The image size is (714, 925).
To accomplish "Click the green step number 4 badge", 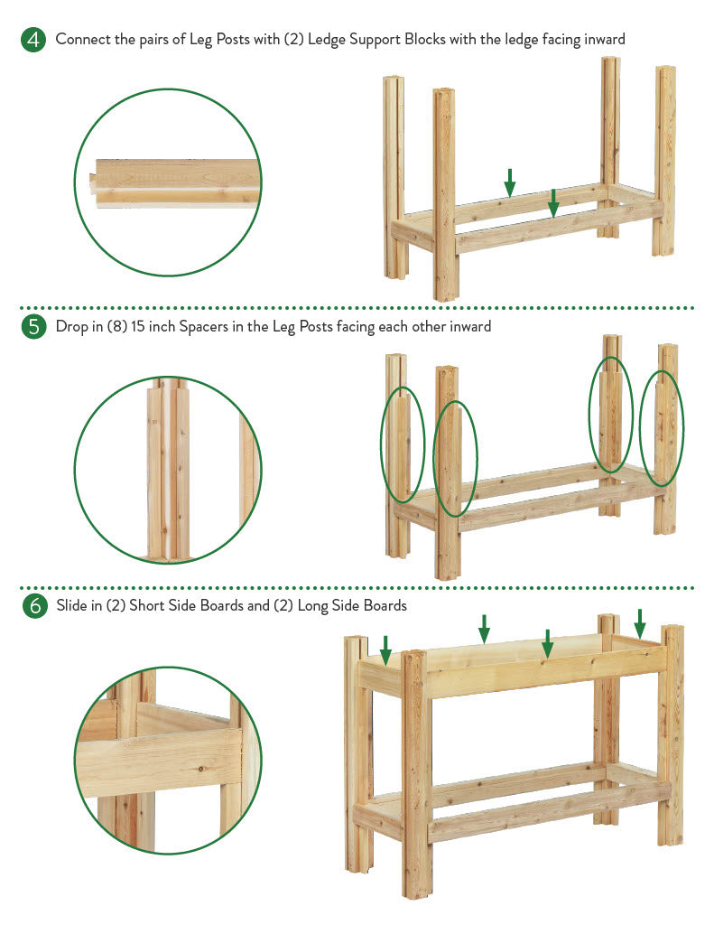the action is click(33, 40).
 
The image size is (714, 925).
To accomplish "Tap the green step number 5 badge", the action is click(33, 326).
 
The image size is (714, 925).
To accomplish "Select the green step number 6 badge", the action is click(35, 606).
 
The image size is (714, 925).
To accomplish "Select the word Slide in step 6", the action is click(71, 606).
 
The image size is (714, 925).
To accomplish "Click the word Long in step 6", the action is click(312, 606).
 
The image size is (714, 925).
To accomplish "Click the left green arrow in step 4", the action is click(510, 182).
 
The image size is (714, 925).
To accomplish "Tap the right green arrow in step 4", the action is click(553, 203).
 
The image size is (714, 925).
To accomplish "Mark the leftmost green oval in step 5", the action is click(403, 444).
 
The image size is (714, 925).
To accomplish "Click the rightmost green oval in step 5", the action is click(662, 428).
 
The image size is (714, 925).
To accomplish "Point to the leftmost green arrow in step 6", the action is click(385, 650).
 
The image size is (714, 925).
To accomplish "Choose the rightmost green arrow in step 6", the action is click(640, 623).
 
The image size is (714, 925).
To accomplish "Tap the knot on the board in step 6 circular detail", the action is click(202, 769).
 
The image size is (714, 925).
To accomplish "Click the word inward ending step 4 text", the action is click(605, 40).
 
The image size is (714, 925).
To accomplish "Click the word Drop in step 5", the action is click(71, 327).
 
